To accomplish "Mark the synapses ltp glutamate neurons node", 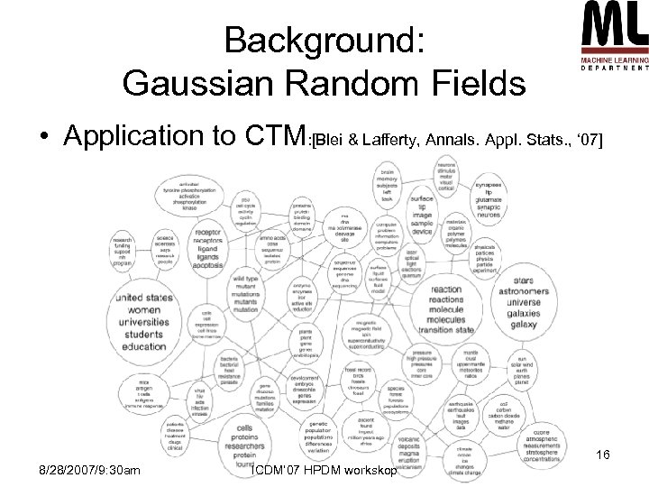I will click(501, 200).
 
